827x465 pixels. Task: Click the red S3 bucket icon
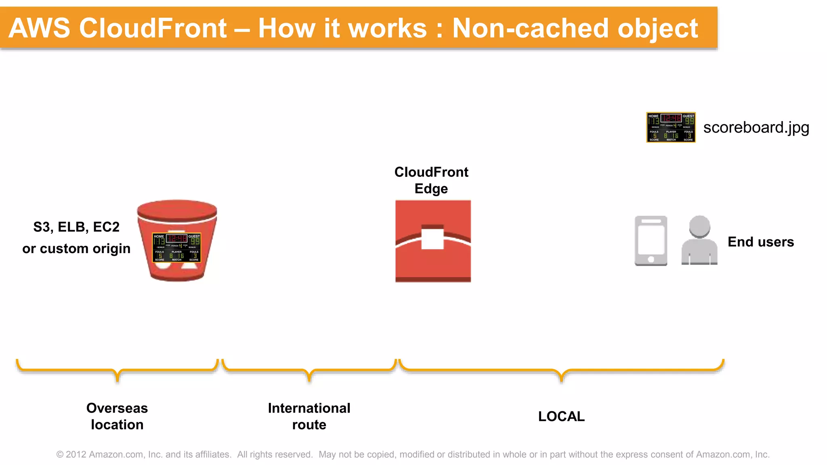click(177, 214)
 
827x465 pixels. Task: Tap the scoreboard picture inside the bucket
click(176, 247)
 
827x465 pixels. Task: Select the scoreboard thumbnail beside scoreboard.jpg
click(671, 128)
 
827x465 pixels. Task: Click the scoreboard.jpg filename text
click(756, 128)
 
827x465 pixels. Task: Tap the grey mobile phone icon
click(651, 241)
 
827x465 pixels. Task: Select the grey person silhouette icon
click(699, 241)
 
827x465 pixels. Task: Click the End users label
click(761, 242)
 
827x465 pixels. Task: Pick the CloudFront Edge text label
click(431, 180)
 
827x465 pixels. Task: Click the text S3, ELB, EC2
click(76, 227)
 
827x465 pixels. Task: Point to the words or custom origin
click(76, 249)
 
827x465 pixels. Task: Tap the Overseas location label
click(117, 416)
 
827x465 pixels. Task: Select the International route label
click(309, 416)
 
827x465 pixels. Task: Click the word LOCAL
click(561, 416)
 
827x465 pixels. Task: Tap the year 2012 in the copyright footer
click(76, 455)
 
